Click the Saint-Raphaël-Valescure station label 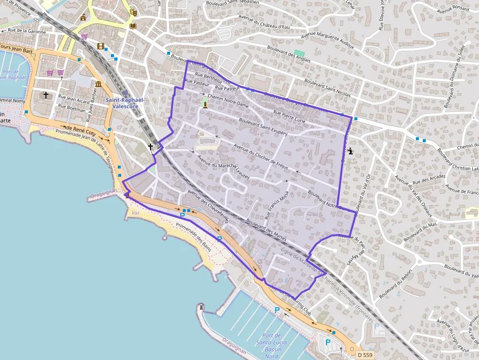coord(125,103)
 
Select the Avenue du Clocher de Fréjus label coord(259,157)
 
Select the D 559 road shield coord(365,355)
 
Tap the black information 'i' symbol coord(351,151)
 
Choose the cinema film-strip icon coord(101,46)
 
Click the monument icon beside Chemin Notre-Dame coord(205,103)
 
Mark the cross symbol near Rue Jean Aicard coord(46,95)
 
